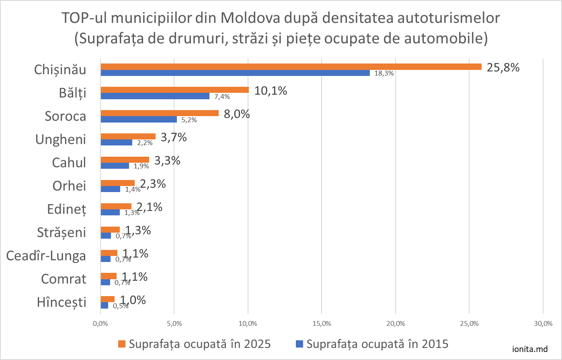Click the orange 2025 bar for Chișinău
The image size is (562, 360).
tap(291, 67)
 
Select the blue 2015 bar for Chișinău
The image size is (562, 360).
tap(235, 73)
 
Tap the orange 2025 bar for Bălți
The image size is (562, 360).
tap(175, 90)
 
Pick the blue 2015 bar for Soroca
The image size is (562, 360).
tap(139, 119)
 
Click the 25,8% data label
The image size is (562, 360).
tap(503, 67)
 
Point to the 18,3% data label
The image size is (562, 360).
tap(384, 74)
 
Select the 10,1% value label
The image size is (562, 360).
tap(271, 91)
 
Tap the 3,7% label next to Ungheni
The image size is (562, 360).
tap(174, 137)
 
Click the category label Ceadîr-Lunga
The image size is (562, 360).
tap(46, 256)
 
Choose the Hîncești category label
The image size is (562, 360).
tap(62, 302)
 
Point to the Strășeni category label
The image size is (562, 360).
tap(62, 232)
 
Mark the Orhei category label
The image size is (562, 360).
tap(69, 186)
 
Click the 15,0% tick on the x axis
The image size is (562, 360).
tap(322, 323)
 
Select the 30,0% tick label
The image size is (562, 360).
tap(543, 323)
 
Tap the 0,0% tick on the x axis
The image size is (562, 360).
tap(101, 323)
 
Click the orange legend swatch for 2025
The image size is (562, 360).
tap(122, 344)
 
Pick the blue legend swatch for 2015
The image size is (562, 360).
tap(299, 344)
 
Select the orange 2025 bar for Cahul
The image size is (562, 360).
tap(125, 160)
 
